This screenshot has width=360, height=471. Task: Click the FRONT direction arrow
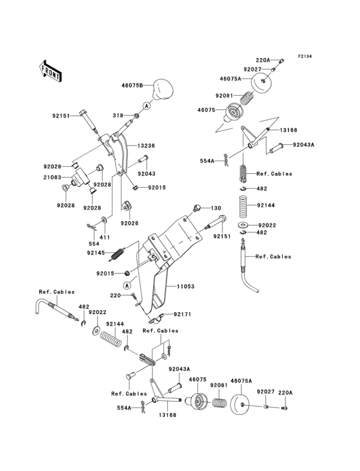pos(51,69)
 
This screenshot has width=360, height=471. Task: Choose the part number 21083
pos(52,177)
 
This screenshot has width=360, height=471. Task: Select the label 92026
pos(130,223)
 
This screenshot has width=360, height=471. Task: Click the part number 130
pos(216,208)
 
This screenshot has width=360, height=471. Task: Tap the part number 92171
pos(182,315)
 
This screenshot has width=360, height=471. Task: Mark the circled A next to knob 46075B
pos(146,105)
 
